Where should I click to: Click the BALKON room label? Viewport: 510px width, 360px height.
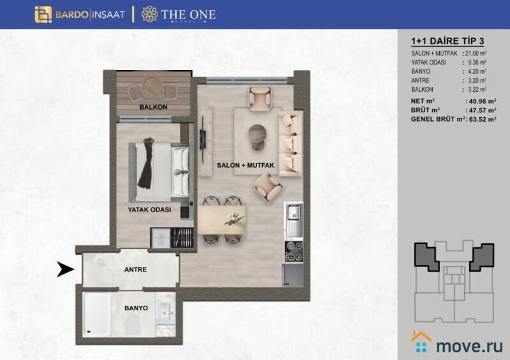click(153, 107)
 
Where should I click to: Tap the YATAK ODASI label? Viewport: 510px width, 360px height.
click(149, 210)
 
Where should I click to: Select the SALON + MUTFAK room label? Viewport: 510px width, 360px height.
click(245, 165)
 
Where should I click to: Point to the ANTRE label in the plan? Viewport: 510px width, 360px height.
click(136, 270)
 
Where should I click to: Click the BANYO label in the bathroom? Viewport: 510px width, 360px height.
click(136, 308)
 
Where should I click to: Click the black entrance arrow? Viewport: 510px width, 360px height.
click(66, 270)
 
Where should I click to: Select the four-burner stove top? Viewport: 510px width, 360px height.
click(294, 252)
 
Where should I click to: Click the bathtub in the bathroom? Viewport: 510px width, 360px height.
click(97, 314)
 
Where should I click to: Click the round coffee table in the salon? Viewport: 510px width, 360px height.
click(258, 137)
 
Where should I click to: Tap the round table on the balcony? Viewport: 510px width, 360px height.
click(152, 87)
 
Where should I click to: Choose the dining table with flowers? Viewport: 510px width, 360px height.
click(221, 220)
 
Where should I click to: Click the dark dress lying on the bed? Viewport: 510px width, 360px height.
click(146, 162)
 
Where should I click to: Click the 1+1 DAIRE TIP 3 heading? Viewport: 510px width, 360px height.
click(448, 41)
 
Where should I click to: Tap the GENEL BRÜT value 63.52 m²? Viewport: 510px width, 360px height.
click(483, 119)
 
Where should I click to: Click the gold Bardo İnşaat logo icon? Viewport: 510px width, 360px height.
click(43, 15)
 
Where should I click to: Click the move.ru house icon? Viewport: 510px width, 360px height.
click(421, 342)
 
